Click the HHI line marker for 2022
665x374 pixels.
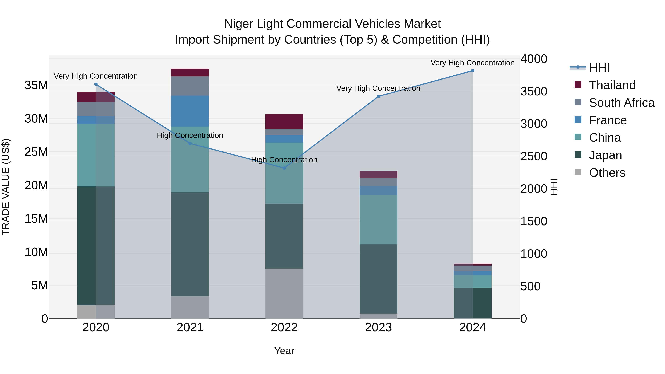click(x=284, y=168)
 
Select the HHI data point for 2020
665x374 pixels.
click(x=96, y=84)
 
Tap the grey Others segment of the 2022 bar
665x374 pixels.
click(x=284, y=293)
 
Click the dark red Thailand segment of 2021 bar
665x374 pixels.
click(x=190, y=73)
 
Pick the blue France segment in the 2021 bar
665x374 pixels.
click(x=190, y=111)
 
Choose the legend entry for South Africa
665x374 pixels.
click(x=622, y=103)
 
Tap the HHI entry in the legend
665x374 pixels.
click(x=599, y=68)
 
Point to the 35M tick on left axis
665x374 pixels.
click(x=36, y=85)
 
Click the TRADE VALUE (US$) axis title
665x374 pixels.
click(x=6, y=187)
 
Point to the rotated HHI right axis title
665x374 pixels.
click(x=554, y=187)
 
